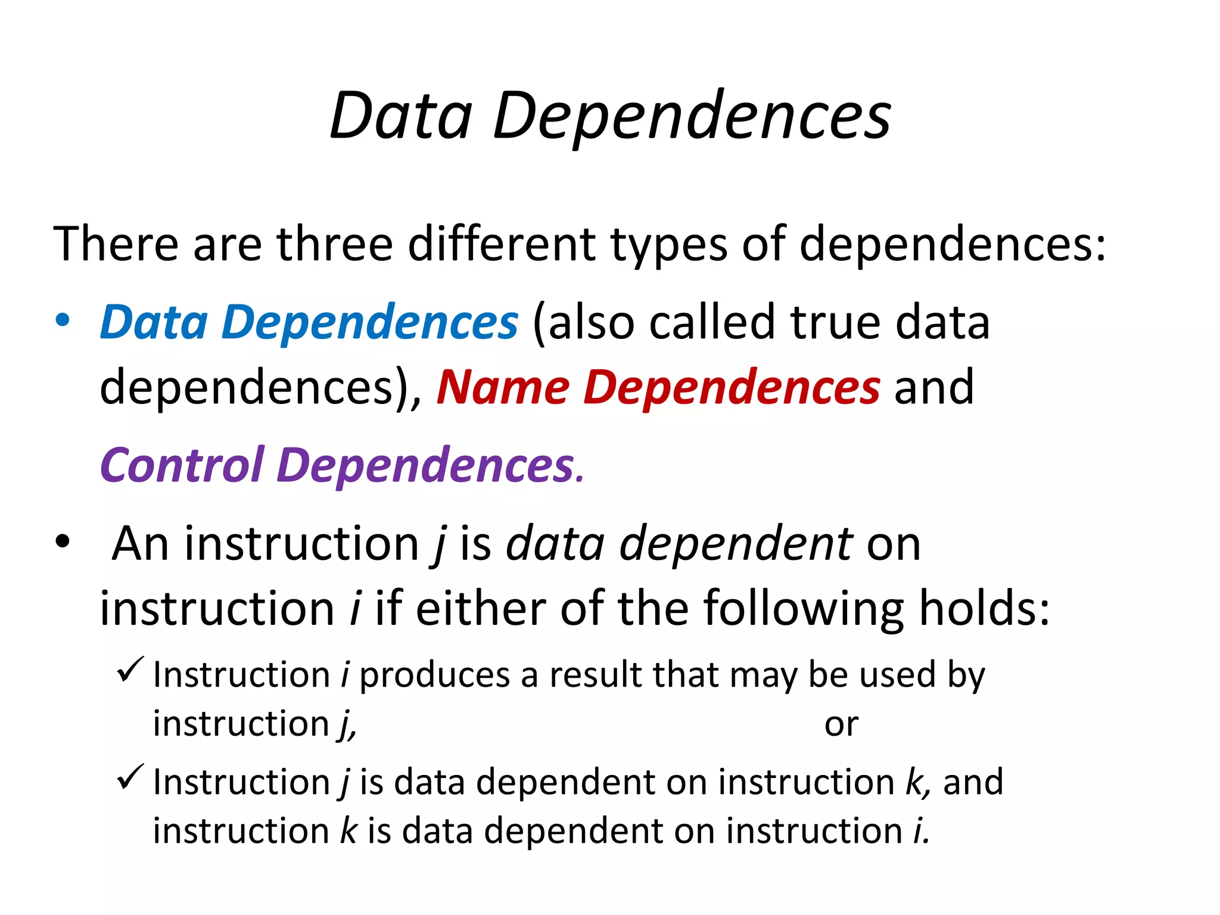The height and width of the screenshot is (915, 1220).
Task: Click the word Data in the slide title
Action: (401, 116)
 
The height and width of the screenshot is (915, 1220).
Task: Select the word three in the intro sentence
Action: (334, 244)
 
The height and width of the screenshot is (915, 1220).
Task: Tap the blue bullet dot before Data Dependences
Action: (62, 320)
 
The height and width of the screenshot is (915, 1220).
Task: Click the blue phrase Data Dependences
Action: (309, 322)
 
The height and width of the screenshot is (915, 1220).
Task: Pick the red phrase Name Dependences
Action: (658, 387)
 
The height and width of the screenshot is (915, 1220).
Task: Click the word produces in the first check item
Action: (435, 676)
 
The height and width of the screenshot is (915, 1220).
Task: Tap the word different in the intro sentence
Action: (502, 244)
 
